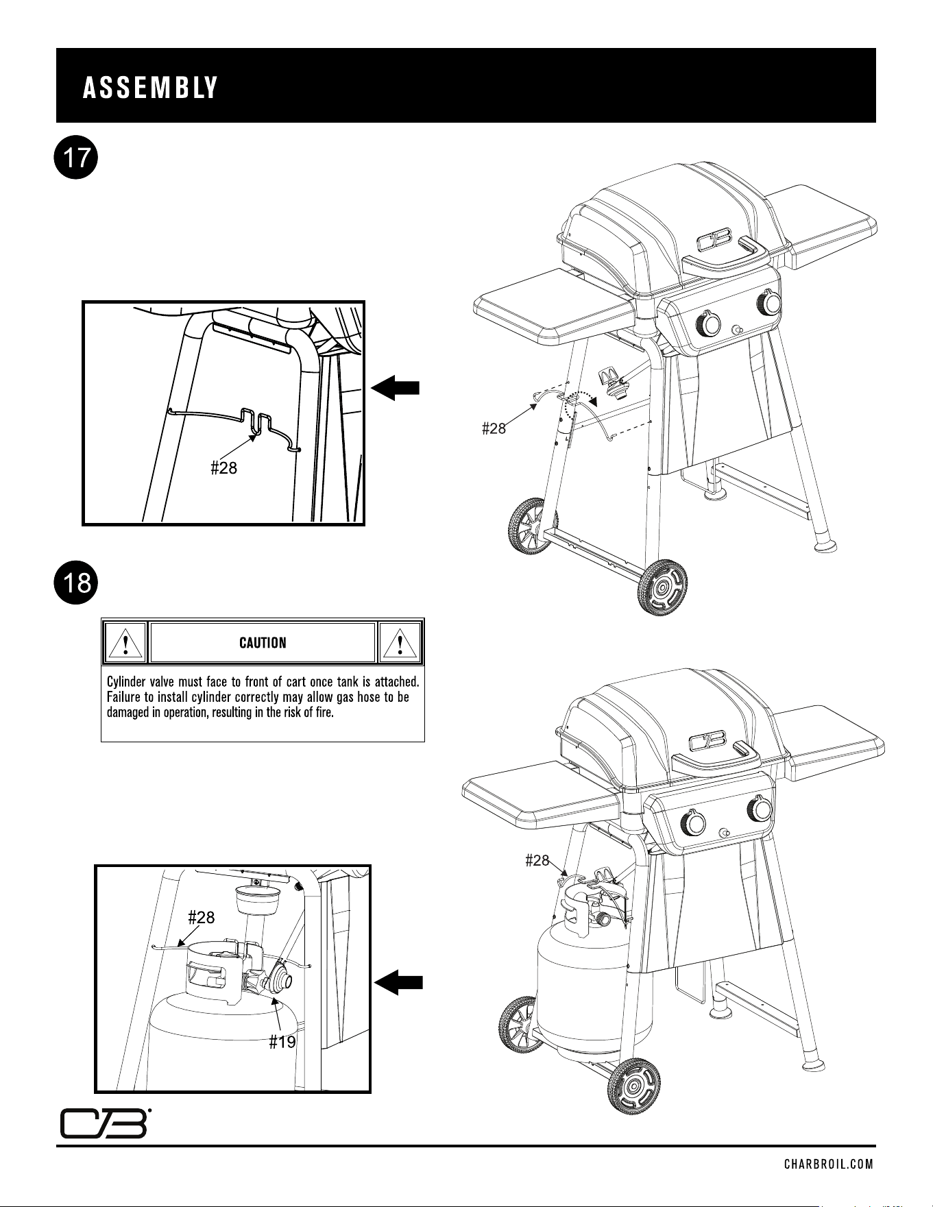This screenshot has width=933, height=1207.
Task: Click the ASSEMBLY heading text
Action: point(150,88)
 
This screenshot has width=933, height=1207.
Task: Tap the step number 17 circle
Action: point(77,159)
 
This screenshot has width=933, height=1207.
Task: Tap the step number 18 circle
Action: point(77,583)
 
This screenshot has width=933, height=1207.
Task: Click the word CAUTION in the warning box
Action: point(263,643)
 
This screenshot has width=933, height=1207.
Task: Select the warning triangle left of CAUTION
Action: point(125,643)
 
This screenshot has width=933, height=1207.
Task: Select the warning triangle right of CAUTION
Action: point(400,643)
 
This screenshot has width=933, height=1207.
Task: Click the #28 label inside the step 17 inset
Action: point(223,468)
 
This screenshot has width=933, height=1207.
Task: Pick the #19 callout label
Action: point(282,1043)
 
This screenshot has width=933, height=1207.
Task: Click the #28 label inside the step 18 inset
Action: point(202,917)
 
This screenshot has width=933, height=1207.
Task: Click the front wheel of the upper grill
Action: point(662,587)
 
